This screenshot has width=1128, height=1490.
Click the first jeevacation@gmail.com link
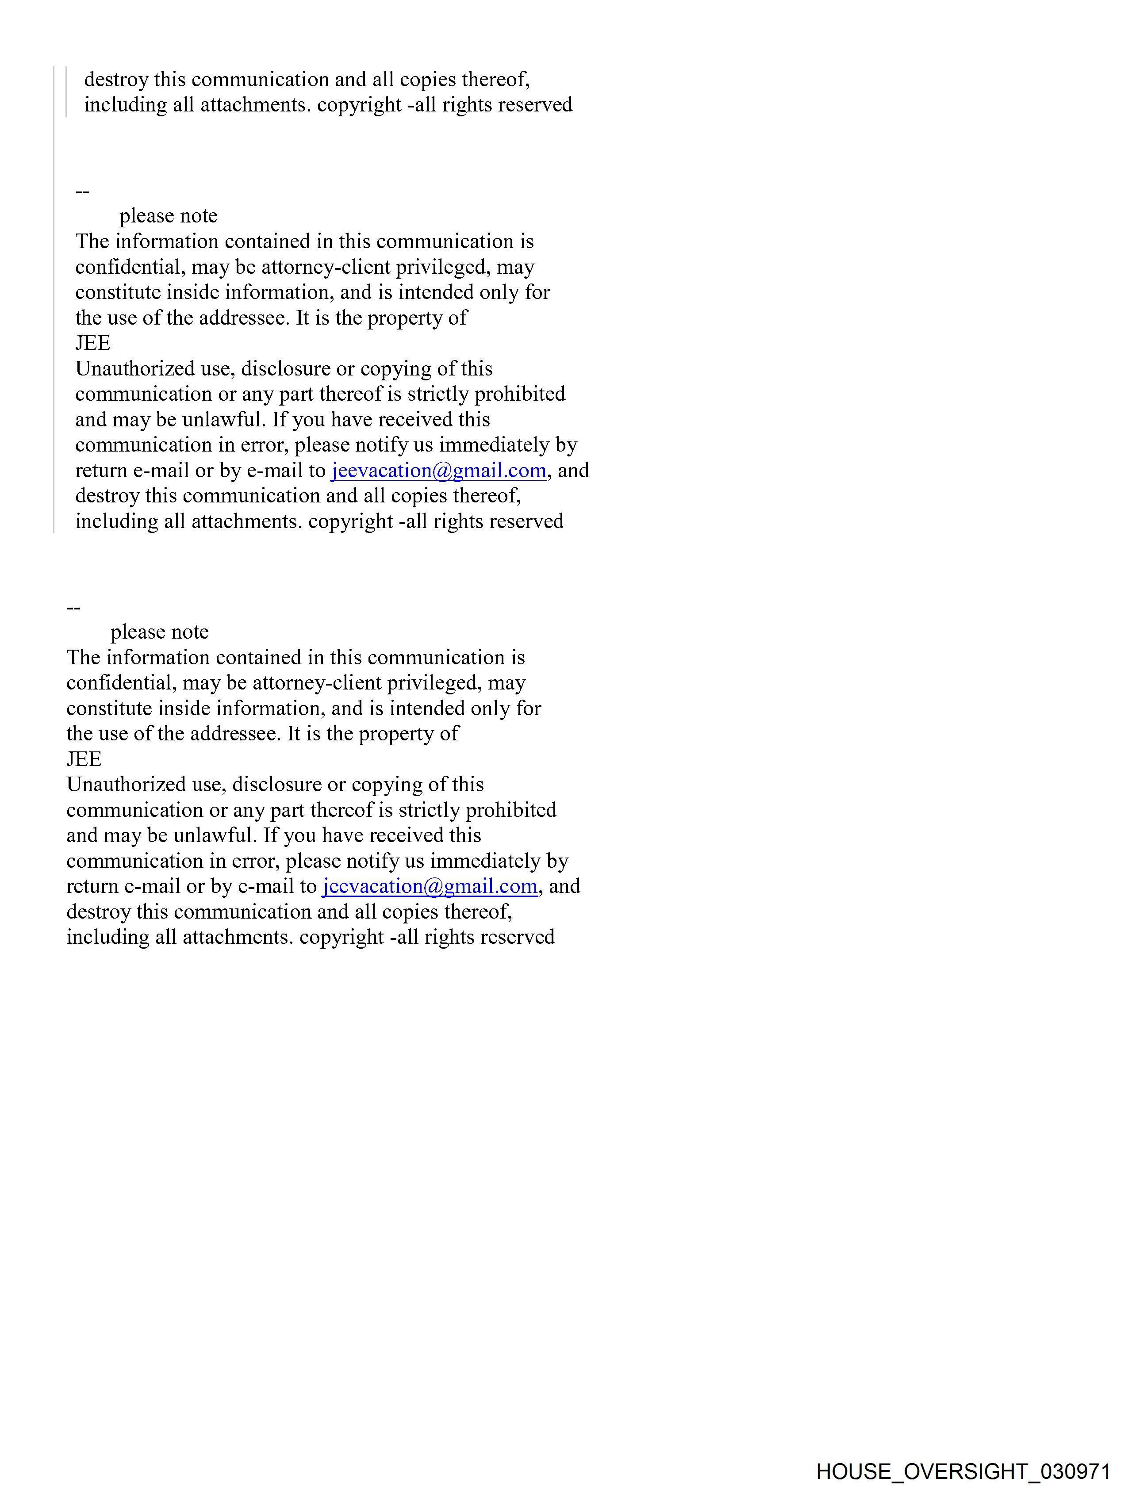coord(438,470)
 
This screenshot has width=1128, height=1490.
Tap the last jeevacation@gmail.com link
coord(429,886)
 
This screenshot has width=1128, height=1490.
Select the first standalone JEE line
coord(93,344)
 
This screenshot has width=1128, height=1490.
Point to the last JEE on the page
coord(84,759)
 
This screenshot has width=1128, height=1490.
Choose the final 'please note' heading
coord(160,632)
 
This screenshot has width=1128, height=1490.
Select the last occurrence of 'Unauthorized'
coord(126,785)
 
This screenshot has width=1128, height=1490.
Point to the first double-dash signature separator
coord(82,192)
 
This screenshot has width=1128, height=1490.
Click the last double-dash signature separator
coord(73,608)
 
